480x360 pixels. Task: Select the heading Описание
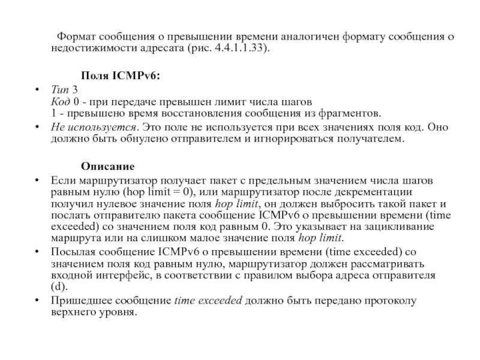[x=108, y=166]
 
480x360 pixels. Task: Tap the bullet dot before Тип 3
[x=38, y=89]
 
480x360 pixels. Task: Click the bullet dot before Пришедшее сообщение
[x=38, y=301]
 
